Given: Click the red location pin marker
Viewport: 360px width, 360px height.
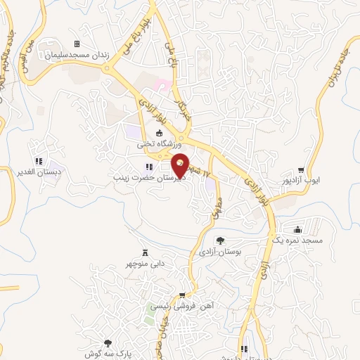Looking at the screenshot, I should point(181,165).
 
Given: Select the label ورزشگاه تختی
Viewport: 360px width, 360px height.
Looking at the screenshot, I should point(159,143).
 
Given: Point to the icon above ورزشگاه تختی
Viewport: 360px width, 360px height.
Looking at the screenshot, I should point(159,134).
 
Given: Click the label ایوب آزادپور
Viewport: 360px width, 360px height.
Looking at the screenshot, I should point(301,181).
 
